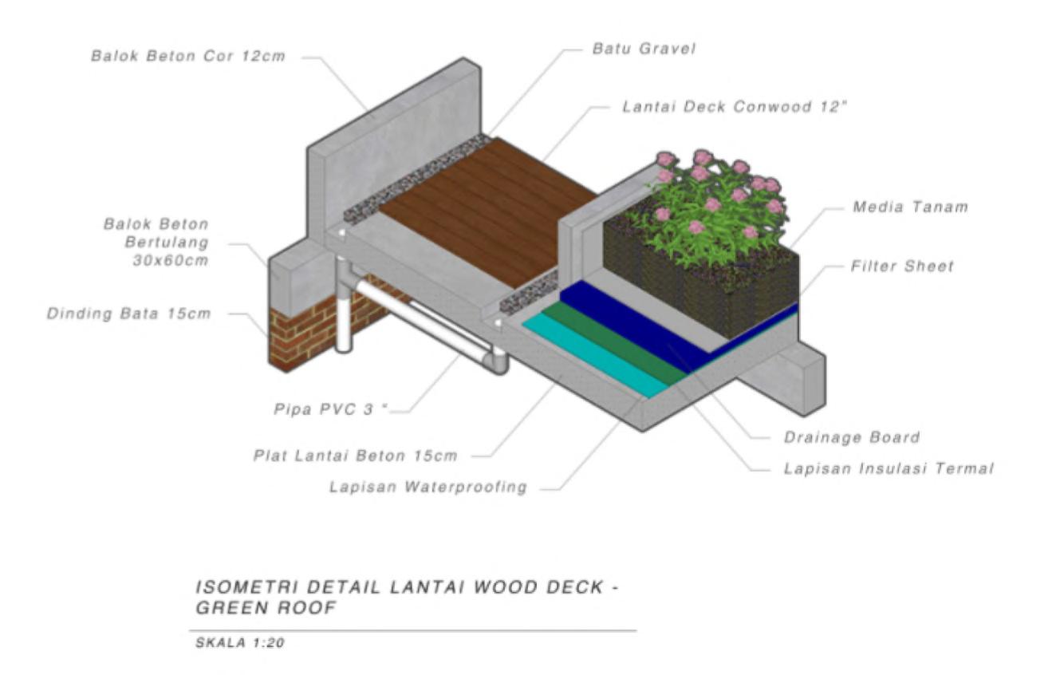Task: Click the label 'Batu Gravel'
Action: [x=644, y=49]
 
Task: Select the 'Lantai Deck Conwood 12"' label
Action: [x=733, y=106]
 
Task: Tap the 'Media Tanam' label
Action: [x=910, y=207]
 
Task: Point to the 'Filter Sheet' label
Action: [x=901, y=266]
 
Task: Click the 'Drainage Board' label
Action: [x=852, y=437]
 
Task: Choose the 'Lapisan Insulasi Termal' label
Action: [x=889, y=468]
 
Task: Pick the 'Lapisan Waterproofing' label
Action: [x=428, y=487]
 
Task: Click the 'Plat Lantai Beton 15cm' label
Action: [x=356, y=456]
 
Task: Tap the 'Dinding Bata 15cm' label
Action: [x=129, y=314]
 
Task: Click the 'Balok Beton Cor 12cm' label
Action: [x=187, y=57]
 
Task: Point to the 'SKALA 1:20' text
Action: [x=239, y=643]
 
